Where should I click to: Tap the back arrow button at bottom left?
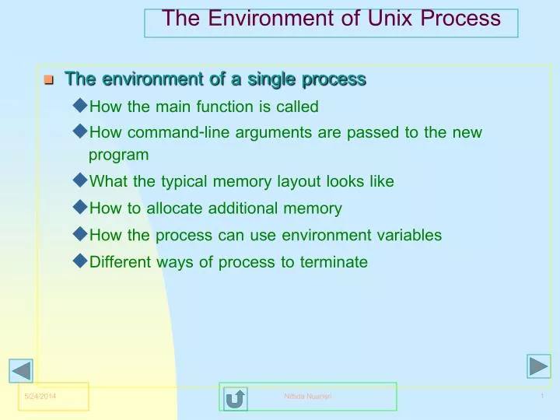pyautogui.click(x=22, y=371)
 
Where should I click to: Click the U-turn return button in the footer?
pyautogui.click(x=235, y=398)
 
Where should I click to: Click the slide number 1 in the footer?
pyautogui.click(x=541, y=397)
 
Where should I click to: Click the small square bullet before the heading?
pyautogui.click(x=48, y=80)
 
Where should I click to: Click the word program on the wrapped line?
pyautogui.click(x=118, y=155)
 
